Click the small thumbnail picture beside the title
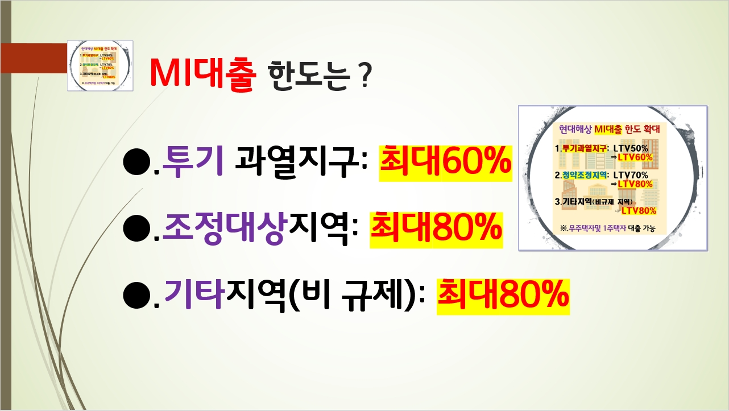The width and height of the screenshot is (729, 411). [x=100, y=65]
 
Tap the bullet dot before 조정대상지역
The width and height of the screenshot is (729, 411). [x=136, y=229]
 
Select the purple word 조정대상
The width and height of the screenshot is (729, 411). [x=223, y=229]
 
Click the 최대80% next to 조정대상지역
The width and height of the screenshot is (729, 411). [x=436, y=229]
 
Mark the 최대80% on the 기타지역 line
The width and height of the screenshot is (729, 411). [x=503, y=295]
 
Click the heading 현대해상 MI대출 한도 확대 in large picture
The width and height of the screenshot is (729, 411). [x=612, y=130]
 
